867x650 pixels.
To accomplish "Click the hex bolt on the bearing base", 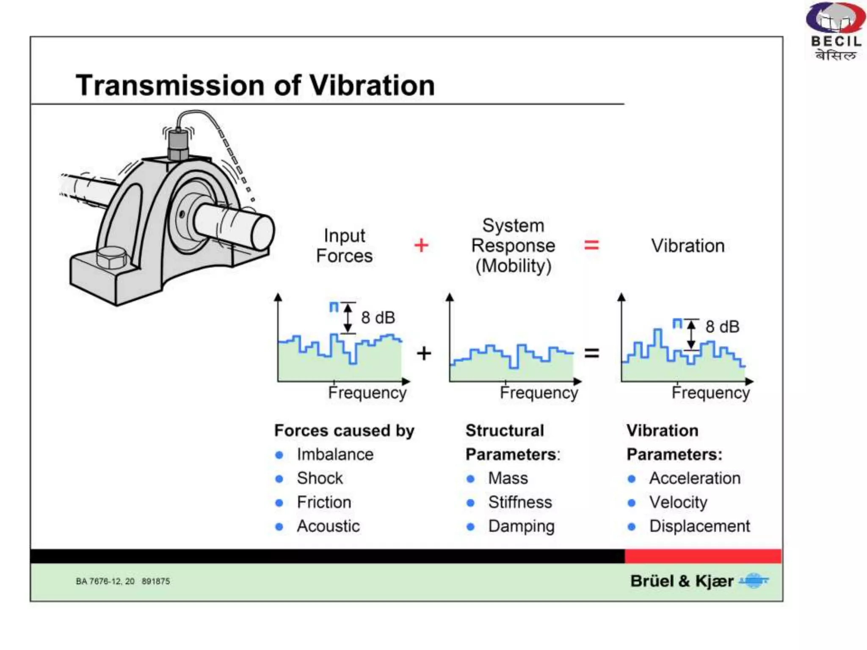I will click(111, 257).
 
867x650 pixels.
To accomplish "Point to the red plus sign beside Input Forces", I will click(421, 245).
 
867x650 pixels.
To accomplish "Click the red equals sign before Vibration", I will click(591, 245).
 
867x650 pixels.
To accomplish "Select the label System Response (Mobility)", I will click(513, 246).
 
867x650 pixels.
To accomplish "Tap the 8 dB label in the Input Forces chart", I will click(378, 317).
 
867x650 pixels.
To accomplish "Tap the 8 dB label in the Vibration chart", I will click(722, 327).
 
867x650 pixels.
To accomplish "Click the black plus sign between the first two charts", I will click(424, 353).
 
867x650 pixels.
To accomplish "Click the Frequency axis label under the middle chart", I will click(538, 393).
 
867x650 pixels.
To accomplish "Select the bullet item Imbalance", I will click(335, 454).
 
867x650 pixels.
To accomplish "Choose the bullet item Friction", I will click(324, 502).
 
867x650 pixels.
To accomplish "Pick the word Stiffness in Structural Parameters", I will click(520, 502).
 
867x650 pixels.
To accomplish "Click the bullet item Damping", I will click(521, 526).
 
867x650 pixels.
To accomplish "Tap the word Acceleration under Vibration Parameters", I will click(695, 478).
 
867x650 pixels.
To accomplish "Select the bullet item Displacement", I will click(699, 526).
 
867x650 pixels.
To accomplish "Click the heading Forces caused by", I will click(344, 431).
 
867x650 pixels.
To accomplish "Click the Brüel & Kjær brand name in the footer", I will click(682, 581).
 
